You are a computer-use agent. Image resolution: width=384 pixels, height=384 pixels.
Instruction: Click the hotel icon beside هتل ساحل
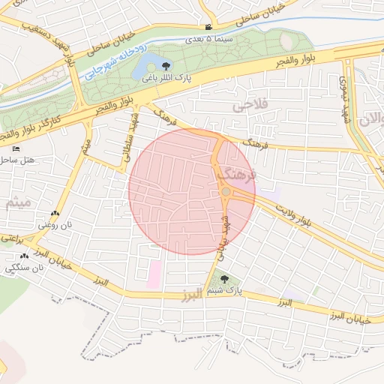(16, 149)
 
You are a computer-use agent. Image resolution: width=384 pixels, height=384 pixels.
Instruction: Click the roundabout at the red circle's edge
(226, 193)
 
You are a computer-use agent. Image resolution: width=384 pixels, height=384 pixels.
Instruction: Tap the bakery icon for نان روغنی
(55, 214)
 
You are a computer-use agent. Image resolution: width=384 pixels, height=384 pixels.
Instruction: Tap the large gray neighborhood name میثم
(16, 202)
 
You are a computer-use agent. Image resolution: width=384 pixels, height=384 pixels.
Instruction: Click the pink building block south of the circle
(154, 274)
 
